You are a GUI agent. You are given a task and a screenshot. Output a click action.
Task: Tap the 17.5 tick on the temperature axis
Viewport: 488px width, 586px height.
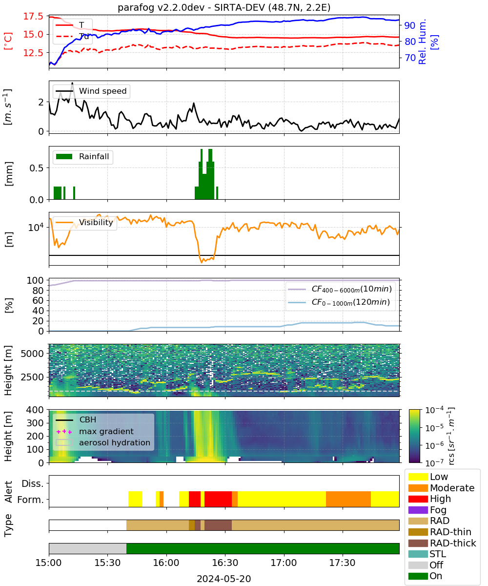coord(33,16)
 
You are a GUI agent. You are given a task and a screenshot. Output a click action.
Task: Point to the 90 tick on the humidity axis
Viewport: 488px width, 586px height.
coord(409,25)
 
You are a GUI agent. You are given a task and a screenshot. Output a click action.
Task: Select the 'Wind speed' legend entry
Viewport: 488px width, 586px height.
coord(91,91)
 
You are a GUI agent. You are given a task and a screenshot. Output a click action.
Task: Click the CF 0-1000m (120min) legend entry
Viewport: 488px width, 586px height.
coord(339,302)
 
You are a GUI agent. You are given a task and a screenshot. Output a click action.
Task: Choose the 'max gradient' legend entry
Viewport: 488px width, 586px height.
coord(95,431)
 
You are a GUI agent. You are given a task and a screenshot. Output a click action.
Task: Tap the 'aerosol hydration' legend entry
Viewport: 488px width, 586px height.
coord(102,442)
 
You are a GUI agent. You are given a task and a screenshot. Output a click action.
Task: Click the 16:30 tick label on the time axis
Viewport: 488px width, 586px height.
coord(225,563)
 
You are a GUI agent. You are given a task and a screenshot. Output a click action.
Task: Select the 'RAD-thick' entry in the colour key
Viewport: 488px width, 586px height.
coord(442,543)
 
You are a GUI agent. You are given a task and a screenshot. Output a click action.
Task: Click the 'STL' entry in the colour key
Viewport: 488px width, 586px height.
coord(427,554)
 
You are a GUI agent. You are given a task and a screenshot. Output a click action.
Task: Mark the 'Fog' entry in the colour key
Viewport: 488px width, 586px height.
coord(427,510)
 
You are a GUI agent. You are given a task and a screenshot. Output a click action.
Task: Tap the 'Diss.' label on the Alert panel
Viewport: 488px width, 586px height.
coord(33,483)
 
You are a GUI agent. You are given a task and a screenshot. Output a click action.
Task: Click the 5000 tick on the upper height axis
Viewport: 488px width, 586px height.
coord(32,354)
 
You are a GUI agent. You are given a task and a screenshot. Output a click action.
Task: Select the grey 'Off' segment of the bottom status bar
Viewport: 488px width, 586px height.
coord(87,548)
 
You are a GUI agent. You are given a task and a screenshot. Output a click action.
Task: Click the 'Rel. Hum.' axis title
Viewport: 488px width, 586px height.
coord(422,42)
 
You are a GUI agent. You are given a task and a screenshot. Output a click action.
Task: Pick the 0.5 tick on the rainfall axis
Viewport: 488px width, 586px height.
coord(37,168)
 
